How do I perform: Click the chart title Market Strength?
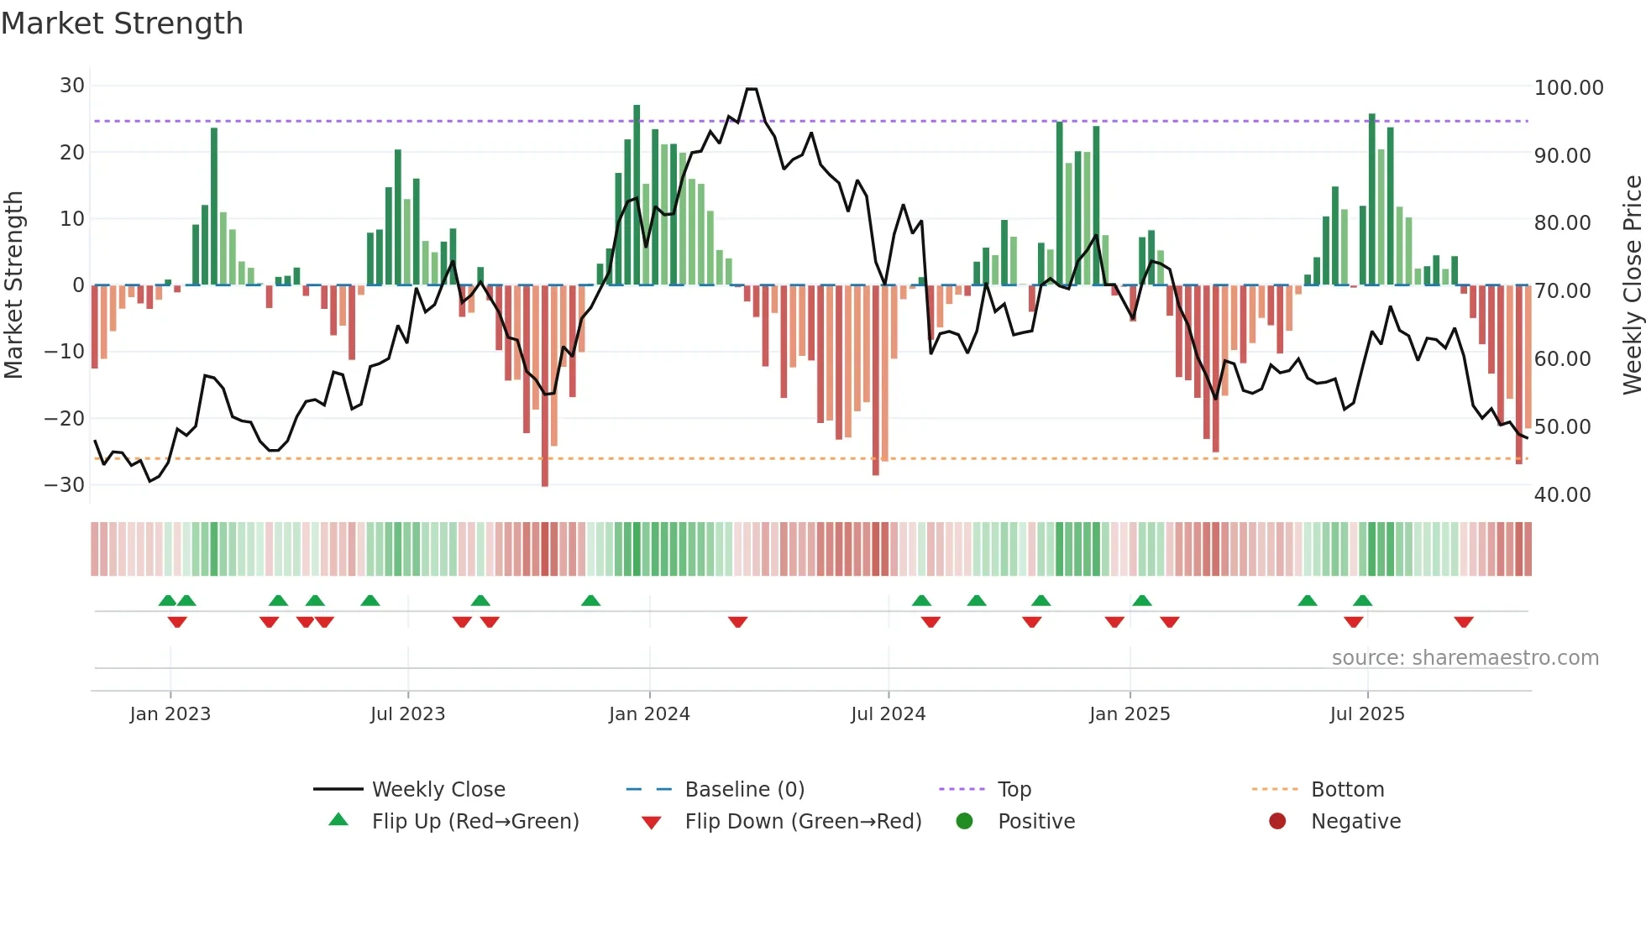pyautogui.click(x=122, y=24)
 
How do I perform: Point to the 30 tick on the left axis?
pyautogui.click(x=72, y=86)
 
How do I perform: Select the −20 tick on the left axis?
pyautogui.click(x=65, y=418)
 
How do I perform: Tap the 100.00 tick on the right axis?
pyautogui.click(x=1568, y=88)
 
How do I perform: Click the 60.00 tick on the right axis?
pyautogui.click(x=1562, y=359)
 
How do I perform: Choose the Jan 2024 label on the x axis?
pyautogui.click(x=649, y=714)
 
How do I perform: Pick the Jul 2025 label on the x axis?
pyautogui.click(x=1366, y=714)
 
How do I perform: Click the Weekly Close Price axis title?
pyautogui.click(x=1632, y=285)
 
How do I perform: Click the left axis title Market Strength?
pyautogui.click(x=13, y=285)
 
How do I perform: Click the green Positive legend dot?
pyautogui.click(x=964, y=822)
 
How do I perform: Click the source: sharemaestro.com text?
pyautogui.click(x=1465, y=658)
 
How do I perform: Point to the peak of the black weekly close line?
pyautogui.click(x=751, y=89)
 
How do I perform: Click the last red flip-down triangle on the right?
pyautogui.click(x=1464, y=622)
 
